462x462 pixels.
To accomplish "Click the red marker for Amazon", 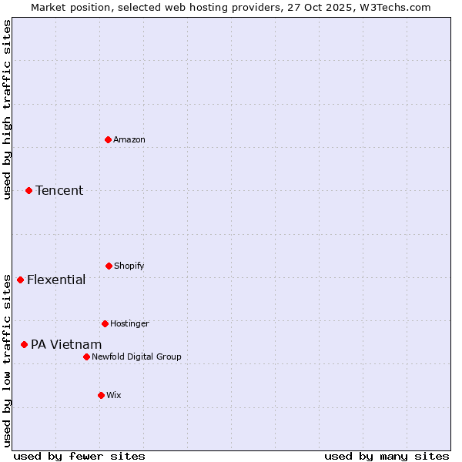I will [x=108, y=139].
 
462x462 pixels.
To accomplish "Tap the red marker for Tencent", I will [x=28, y=190].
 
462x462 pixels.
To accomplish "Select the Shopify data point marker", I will [x=109, y=266].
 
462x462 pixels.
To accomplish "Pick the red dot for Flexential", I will [x=20, y=280].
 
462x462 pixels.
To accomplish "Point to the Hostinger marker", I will [x=105, y=323].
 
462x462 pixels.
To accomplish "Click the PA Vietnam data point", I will [x=24, y=344].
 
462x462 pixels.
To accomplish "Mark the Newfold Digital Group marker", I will [x=86, y=357].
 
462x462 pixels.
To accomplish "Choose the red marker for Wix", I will [x=101, y=395].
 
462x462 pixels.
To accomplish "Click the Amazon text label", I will [x=129, y=139].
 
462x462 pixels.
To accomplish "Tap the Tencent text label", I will [x=59, y=190].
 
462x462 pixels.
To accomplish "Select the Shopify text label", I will [x=129, y=266].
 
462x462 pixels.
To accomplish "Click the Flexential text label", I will [x=56, y=280].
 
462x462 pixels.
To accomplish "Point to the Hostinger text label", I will [x=129, y=323].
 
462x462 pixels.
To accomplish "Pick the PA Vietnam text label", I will [x=66, y=344].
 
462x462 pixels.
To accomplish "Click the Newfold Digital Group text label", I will [x=136, y=357].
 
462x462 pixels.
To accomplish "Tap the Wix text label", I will [x=114, y=395].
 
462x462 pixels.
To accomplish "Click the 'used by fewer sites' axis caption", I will [x=79, y=456].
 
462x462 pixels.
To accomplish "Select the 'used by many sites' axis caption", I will [x=387, y=456].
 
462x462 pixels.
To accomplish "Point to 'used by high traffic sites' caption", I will [x=7, y=110].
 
